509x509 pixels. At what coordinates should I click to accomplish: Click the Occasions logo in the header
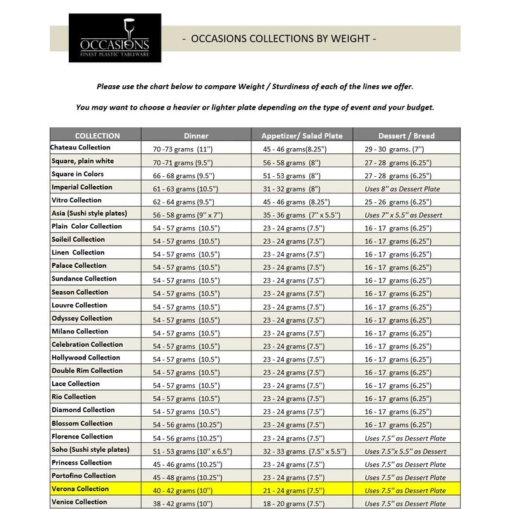114,43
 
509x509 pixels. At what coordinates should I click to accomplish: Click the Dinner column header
196,136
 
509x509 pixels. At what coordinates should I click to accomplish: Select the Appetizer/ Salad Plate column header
302,136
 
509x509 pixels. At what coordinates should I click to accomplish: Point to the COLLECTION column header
97,136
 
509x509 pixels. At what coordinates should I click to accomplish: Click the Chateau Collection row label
81,148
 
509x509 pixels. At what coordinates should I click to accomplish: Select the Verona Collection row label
80,489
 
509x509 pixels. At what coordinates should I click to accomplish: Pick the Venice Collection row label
79,502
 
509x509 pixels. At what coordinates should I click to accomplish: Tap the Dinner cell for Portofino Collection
187,477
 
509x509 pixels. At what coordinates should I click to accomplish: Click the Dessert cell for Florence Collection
405,438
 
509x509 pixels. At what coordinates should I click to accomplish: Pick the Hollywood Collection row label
86,358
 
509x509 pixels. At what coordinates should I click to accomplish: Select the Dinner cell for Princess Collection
187,464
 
